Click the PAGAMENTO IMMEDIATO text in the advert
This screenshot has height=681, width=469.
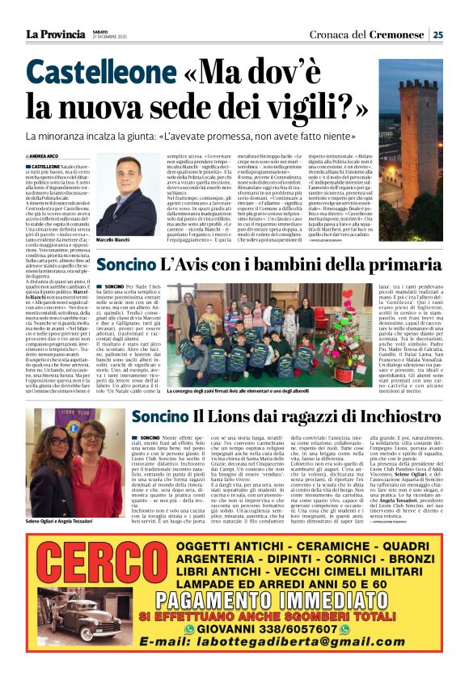click(x=266, y=601)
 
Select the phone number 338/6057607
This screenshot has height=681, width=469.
click(x=298, y=628)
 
